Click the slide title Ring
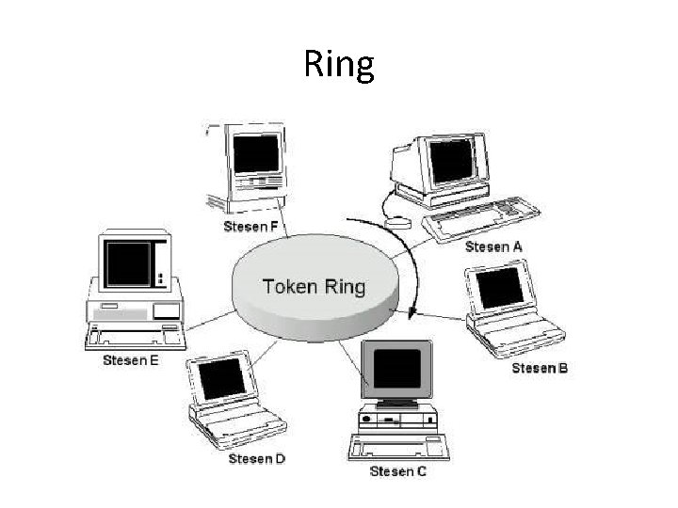[339, 65]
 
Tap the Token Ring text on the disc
[313, 286]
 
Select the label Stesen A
[493, 246]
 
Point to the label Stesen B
[539, 368]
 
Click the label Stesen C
[397, 470]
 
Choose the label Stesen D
[256, 458]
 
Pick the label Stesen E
[130, 361]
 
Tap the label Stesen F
[250, 227]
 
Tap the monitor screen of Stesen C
[396, 370]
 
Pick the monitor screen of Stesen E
[128, 263]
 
